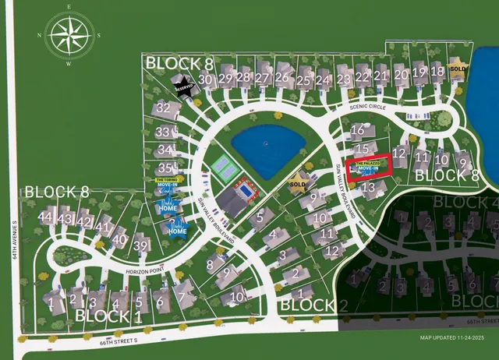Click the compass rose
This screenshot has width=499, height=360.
coord(71,37)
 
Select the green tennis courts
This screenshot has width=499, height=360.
coord(224,165)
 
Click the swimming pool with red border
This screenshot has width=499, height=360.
coord(246,189)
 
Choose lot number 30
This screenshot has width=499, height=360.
coord(206,79)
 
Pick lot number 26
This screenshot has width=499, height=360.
coord(282,78)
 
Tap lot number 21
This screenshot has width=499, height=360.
coord(380,76)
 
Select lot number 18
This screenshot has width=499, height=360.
coord(437,72)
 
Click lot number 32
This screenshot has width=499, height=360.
coord(163,108)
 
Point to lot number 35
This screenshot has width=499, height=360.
coord(165,168)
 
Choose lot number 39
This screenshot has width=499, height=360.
coord(141,246)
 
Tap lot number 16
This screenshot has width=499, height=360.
coord(358,129)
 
